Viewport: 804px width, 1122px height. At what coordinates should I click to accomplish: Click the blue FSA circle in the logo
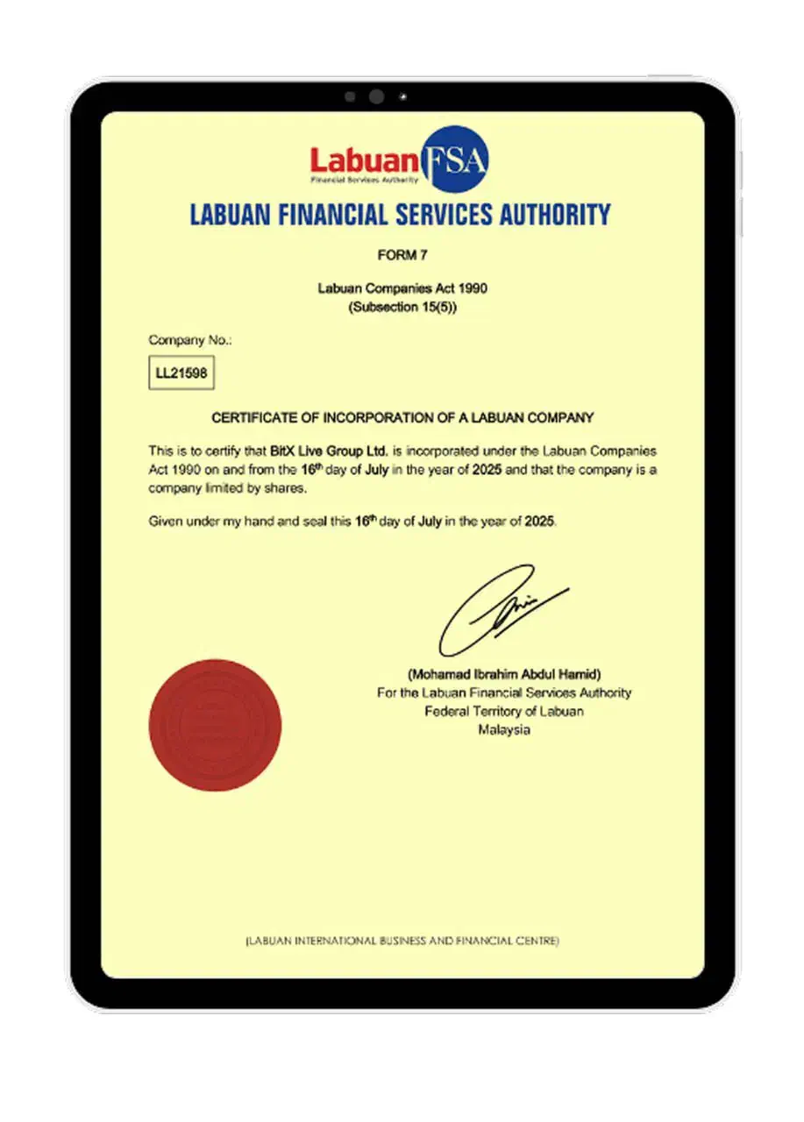tap(455, 158)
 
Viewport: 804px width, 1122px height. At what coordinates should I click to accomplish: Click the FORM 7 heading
tap(401, 255)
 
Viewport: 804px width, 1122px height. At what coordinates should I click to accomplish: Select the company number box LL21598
tap(181, 373)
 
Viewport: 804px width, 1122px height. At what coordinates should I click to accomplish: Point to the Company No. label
tap(189, 339)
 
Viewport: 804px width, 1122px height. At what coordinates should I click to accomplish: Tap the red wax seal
tap(215, 726)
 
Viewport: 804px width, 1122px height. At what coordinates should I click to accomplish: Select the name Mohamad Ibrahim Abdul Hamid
tap(503, 674)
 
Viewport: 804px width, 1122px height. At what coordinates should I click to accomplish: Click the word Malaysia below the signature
tap(503, 729)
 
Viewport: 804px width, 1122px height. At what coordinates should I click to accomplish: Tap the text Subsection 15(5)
tap(402, 307)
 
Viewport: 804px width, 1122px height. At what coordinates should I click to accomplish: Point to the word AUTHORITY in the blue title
tap(547, 215)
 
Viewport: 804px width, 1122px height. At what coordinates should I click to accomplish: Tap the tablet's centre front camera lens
tap(376, 97)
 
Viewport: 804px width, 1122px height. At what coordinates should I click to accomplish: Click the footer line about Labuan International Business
tap(402, 941)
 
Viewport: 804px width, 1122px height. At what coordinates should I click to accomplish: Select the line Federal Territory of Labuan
tap(503, 711)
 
